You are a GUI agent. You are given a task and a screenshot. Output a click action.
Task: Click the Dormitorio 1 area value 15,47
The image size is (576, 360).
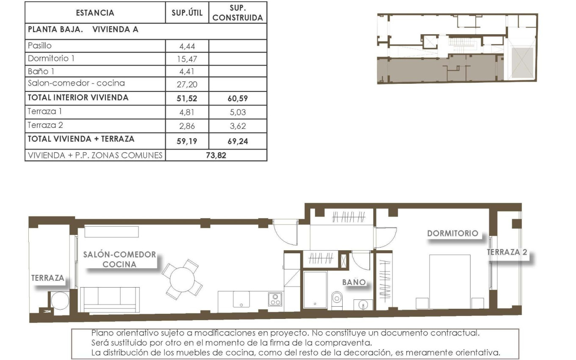pyautogui.click(x=187, y=59)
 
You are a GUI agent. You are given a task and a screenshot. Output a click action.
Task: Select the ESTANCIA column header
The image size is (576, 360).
pyautogui.click(x=95, y=13)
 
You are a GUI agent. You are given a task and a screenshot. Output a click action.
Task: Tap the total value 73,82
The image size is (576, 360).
pyautogui.click(x=216, y=155)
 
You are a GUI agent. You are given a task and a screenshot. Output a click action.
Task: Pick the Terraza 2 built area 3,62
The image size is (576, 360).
pyautogui.click(x=237, y=126)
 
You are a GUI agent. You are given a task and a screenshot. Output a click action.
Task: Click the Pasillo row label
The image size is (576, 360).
pyautogui.click(x=39, y=45)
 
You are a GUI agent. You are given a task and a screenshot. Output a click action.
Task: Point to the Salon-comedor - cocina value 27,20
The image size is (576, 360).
pyautogui.click(x=187, y=84)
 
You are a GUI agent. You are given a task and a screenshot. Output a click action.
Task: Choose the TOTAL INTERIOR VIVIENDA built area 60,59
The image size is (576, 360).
pyautogui.click(x=237, y=98)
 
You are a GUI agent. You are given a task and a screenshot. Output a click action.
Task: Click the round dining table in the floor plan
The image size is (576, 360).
pyautogui.click(x=182, y=280)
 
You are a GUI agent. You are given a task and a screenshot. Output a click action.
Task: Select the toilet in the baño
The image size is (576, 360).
pyautogui.click(x=337, y=299)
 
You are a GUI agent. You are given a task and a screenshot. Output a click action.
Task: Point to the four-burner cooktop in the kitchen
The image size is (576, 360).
pyautogui.click(x=275, y=299)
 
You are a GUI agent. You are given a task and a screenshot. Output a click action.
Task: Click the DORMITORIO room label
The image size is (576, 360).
pyautogui.click(x=452, y=233)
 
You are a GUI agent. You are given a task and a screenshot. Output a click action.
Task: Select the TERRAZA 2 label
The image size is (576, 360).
pyautogui.click(x=507, y=252)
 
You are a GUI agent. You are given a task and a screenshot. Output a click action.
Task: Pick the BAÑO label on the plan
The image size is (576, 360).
pyautogui.click(x=354, y=282)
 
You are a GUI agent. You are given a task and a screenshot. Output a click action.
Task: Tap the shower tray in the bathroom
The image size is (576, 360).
pyautogui.click(x=315, y=290)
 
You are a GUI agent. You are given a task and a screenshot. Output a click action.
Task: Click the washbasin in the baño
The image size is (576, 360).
pyautogui.click(x=363, y=304)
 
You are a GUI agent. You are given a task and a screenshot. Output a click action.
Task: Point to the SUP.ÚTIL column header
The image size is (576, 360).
pyautogui.click(x=187, y=13)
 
